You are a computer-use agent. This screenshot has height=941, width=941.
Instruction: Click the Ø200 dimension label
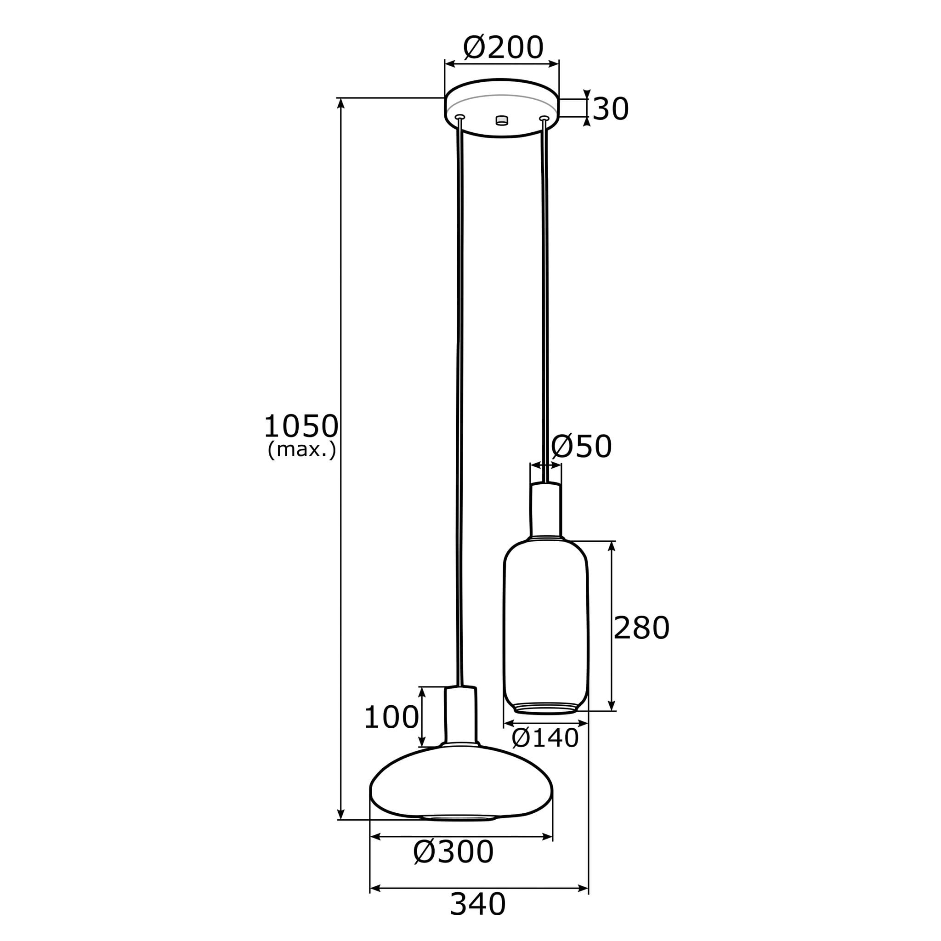[x=503, y=48]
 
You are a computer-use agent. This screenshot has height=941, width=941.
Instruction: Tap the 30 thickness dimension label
[x=611, y=109]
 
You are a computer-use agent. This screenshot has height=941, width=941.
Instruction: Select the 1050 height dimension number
[x=301, y=426]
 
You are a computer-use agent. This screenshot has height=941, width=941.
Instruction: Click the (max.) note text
[x=302, y=449]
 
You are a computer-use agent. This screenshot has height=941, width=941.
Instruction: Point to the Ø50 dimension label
[x=581, y=446]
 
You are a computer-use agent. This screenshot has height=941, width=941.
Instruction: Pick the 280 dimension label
[x=641, y=628]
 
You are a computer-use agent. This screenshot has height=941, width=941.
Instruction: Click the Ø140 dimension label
[x=545, y=738]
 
